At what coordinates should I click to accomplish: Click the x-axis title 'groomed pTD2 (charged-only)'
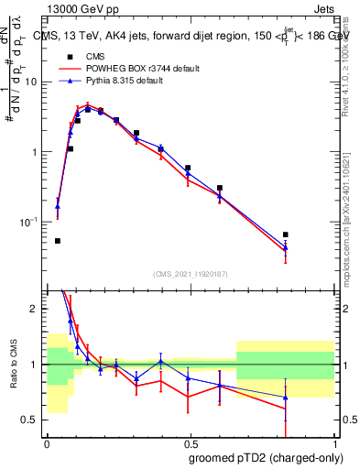(267, 457)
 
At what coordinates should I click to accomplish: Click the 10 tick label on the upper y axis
(33, 82)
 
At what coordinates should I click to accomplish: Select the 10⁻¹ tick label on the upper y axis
(30, 223)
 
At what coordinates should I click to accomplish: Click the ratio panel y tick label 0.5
(32, 421)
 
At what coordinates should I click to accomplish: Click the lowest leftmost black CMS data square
(58, 241)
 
